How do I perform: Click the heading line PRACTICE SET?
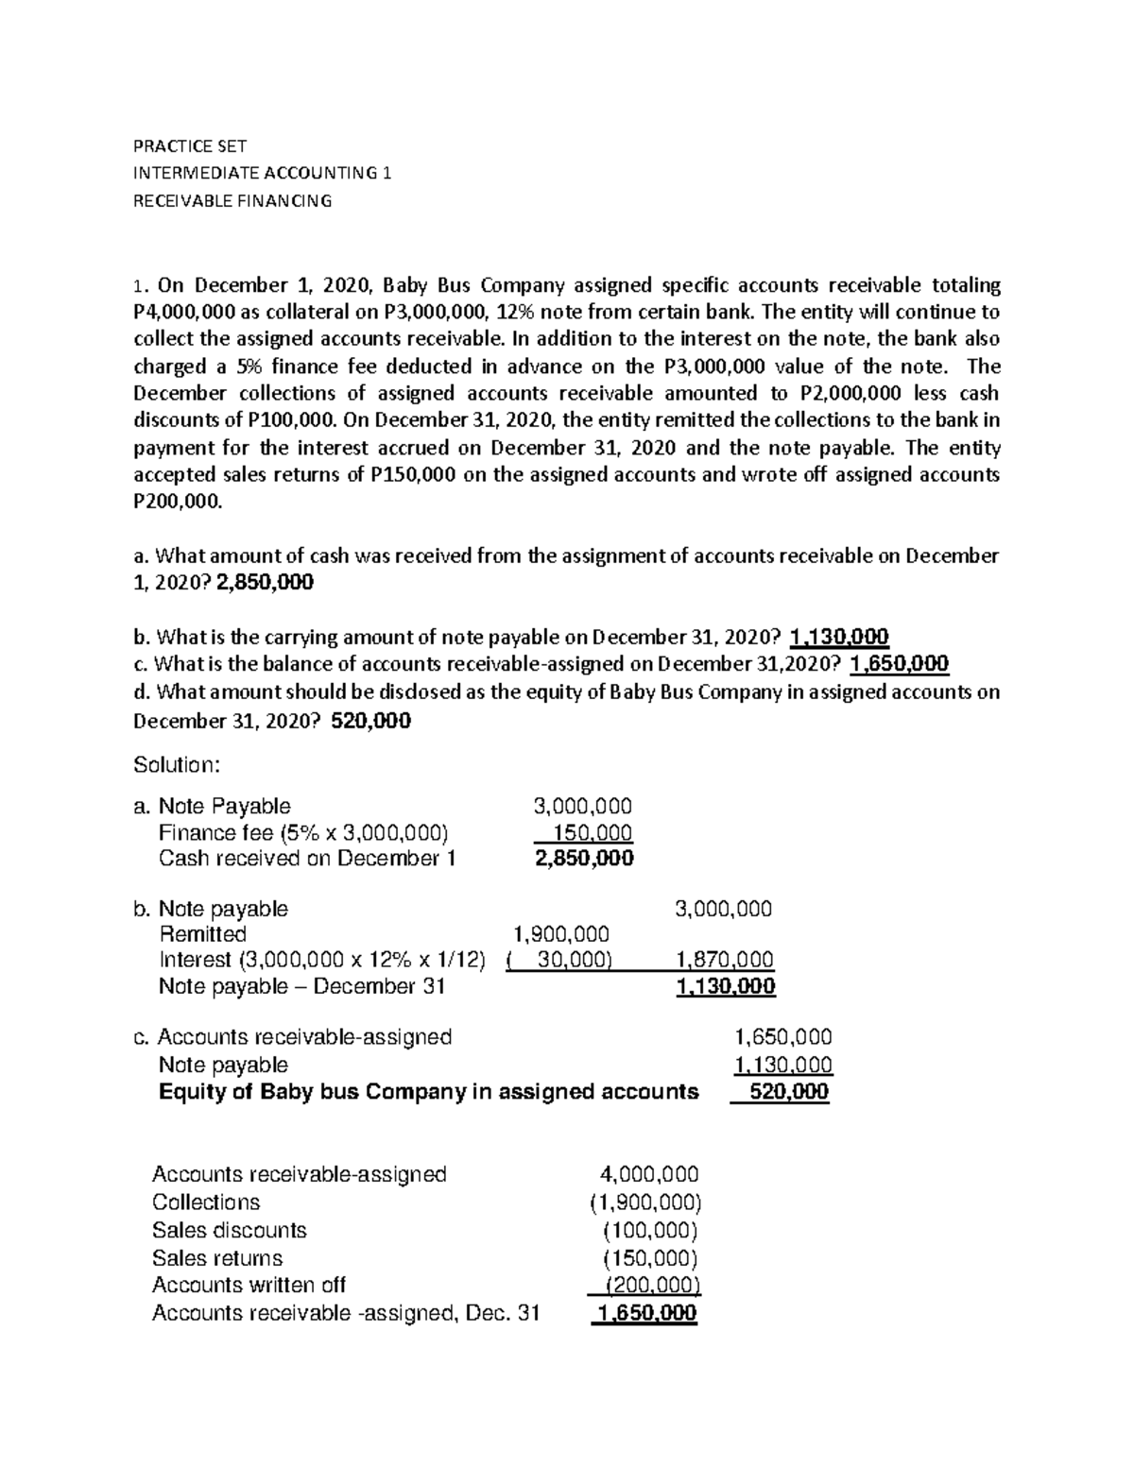click(x=189, y=146)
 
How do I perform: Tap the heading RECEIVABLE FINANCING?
click(x=232, y=200)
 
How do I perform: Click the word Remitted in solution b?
click(x=202, y=934)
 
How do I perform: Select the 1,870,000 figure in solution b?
click(x=725, y=960)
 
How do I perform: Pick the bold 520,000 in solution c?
click(x=788, y=1092)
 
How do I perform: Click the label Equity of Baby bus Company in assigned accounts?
click(x=428, y=1092)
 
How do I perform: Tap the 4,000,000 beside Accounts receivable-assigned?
click(x=649, y=1174)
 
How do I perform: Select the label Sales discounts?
click(x=230, y=1230)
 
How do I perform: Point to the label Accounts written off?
click(x=249, y=1285)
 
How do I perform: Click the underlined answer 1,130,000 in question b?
click(x=839, y=637)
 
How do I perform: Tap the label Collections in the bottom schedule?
click(x=206, y=1203)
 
